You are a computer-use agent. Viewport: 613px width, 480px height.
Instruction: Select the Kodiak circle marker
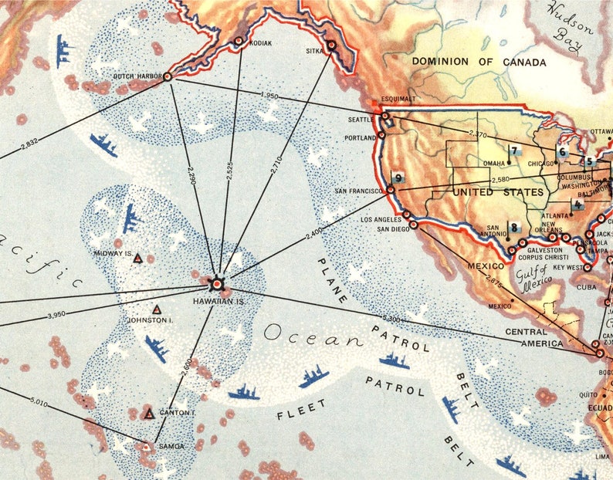coord(239,41)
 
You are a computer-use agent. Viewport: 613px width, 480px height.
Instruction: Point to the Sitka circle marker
coord(331,46)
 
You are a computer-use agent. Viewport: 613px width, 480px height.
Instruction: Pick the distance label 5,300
coord(391,318)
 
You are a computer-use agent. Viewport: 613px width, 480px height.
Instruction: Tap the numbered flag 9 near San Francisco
coord(398,177)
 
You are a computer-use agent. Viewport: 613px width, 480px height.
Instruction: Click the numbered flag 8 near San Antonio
coord(515,228)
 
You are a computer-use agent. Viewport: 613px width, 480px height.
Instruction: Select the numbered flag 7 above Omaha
coord(513,150)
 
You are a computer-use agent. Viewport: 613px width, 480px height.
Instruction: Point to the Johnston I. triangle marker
coord(157,309)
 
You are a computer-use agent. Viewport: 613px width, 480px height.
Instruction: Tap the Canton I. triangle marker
coord(149,414)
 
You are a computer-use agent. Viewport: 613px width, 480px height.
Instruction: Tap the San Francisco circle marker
coord(391,189)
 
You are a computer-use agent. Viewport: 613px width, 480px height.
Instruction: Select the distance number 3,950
coord(57,315)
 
